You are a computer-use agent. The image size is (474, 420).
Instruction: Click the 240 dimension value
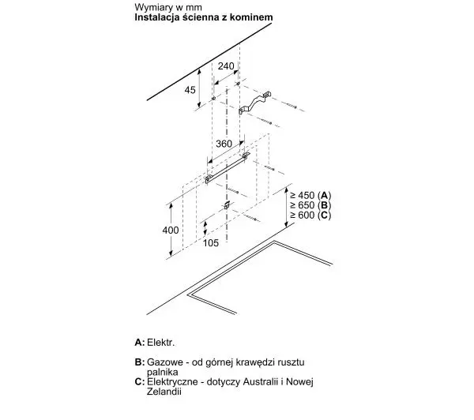pyautogui.click(x=226, y=66)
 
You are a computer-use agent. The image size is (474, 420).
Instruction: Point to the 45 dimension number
pyautogui.click(x=190, y=90)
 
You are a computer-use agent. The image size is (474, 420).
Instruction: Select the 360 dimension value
pyautogui.click(x=224, y=144)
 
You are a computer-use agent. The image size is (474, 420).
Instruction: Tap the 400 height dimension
pyautogui.click(x=171, y=231)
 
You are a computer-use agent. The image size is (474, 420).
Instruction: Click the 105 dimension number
pyautogui.click(x=210, y=243)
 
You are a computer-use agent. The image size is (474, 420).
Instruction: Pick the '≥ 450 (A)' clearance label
pyautogui.click(x=310, y=195)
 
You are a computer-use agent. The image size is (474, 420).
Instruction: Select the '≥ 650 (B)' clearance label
pyautogui.click(x=310, y=205)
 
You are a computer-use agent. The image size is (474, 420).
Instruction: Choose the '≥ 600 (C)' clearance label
pyautogui.click(x=310, y=216)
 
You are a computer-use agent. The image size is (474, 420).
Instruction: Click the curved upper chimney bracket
pyautogui.click(x=254, y=103)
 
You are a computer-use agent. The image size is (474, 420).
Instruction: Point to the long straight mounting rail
pyautogui.click(x=228, y=168)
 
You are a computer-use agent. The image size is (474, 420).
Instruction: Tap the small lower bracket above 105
pyautogui.click(x=227, y=205)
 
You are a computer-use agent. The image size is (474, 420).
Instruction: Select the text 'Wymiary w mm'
pyautogui.click(x=168, y=7)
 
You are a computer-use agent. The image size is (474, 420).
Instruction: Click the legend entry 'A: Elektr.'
pyautogui.click(x=155, y=343)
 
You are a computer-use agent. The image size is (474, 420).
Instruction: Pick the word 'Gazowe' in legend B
pyautogui.click(x=165, y=362)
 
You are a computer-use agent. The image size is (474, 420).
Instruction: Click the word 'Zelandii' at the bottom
pyautogui.click(x=164, y=392)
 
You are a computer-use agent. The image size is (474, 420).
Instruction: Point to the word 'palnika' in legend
pyautogui.click(x=162, y=372)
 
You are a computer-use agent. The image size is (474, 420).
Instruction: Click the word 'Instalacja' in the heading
pyautogui.click(x=157, y=17)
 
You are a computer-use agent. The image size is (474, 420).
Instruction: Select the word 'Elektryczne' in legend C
pyautogui.click(x=172, y=382)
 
